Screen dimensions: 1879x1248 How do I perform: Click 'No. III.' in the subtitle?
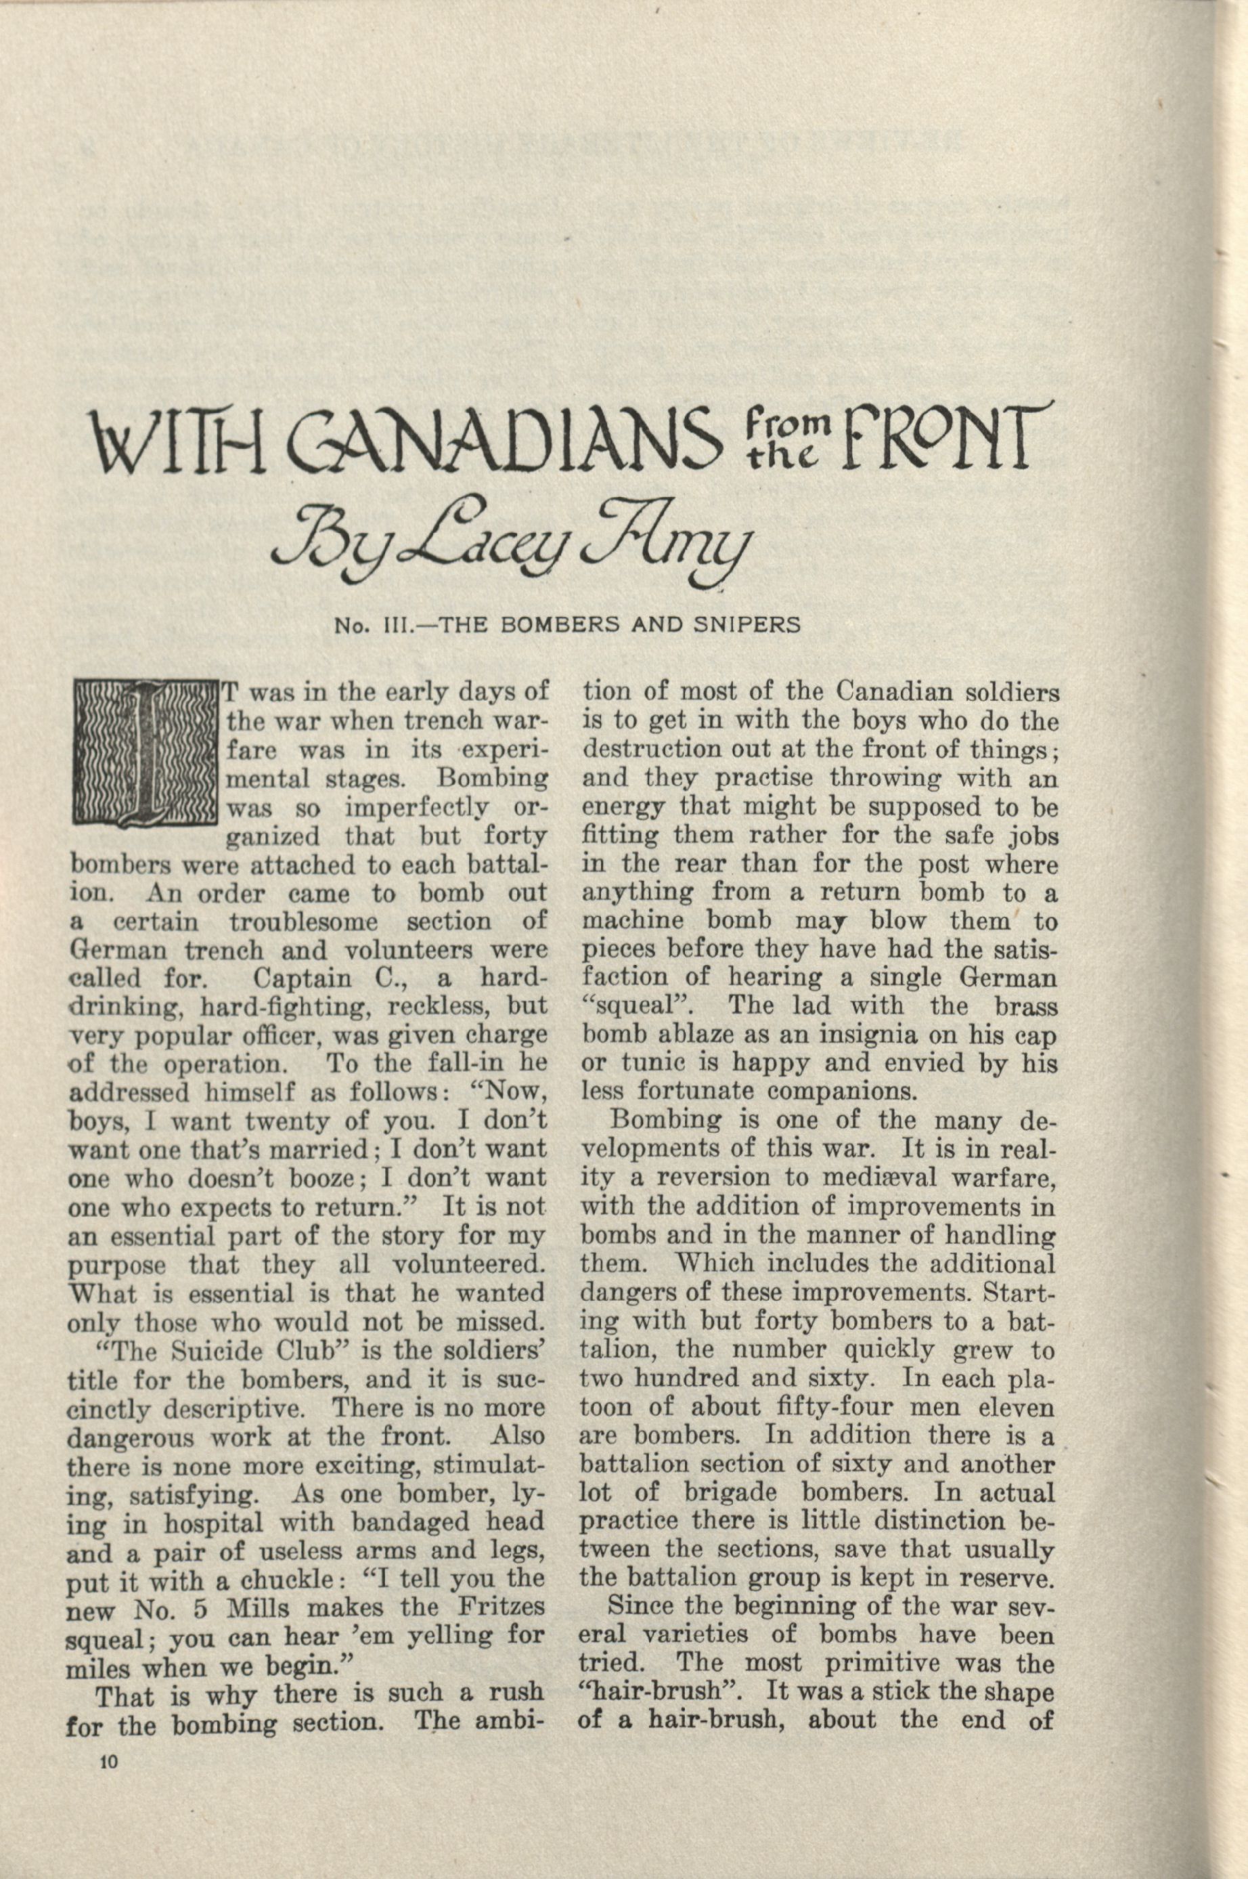[x=371, y=624]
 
